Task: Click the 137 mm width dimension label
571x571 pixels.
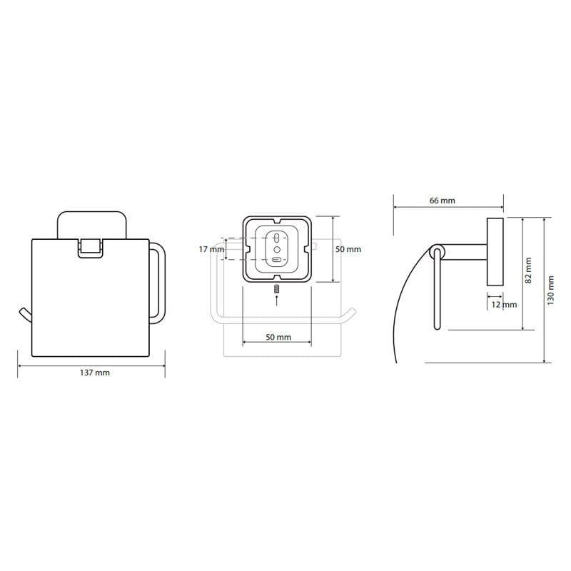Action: pos(95,373)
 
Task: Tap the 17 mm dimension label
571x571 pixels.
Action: pos(211,249)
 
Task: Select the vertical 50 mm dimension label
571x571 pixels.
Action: pos(348,249)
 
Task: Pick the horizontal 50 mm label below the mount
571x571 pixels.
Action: pos(278,337)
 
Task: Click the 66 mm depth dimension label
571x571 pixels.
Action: pos(442,201)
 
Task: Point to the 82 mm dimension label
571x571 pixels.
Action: pos(528,271)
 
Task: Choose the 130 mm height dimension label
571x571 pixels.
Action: pos(550,290)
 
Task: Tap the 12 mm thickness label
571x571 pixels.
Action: pos(504,305)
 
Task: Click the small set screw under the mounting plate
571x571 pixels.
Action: pos(277,289)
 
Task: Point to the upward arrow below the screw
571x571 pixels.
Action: pos(277,300)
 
